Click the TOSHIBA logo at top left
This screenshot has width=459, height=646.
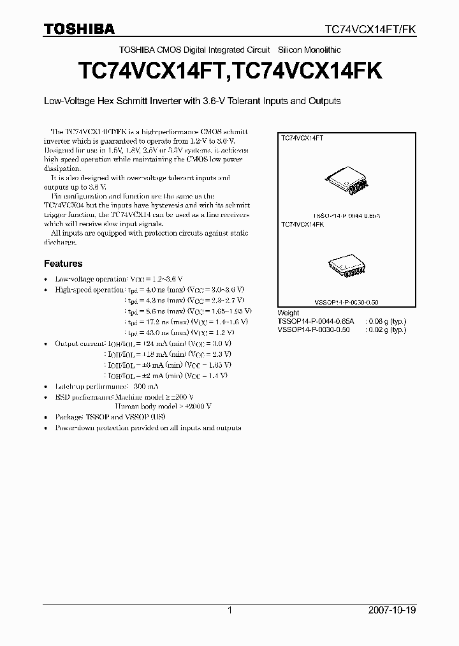(x=80, y=29)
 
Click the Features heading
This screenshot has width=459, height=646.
(x=63, y=263)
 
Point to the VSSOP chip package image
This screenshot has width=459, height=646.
(x=347, y=265)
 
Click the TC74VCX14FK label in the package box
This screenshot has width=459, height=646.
(x=303, y=225)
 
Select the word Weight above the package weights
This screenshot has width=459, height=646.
(x=289, y=313)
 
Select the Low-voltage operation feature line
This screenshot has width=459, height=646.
(x=119, y=279)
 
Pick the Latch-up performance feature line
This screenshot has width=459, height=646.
(x=107, y=386)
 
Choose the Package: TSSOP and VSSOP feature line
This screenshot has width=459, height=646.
(x=119, y=417)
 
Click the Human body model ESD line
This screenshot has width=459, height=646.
(x=163, y=406)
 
